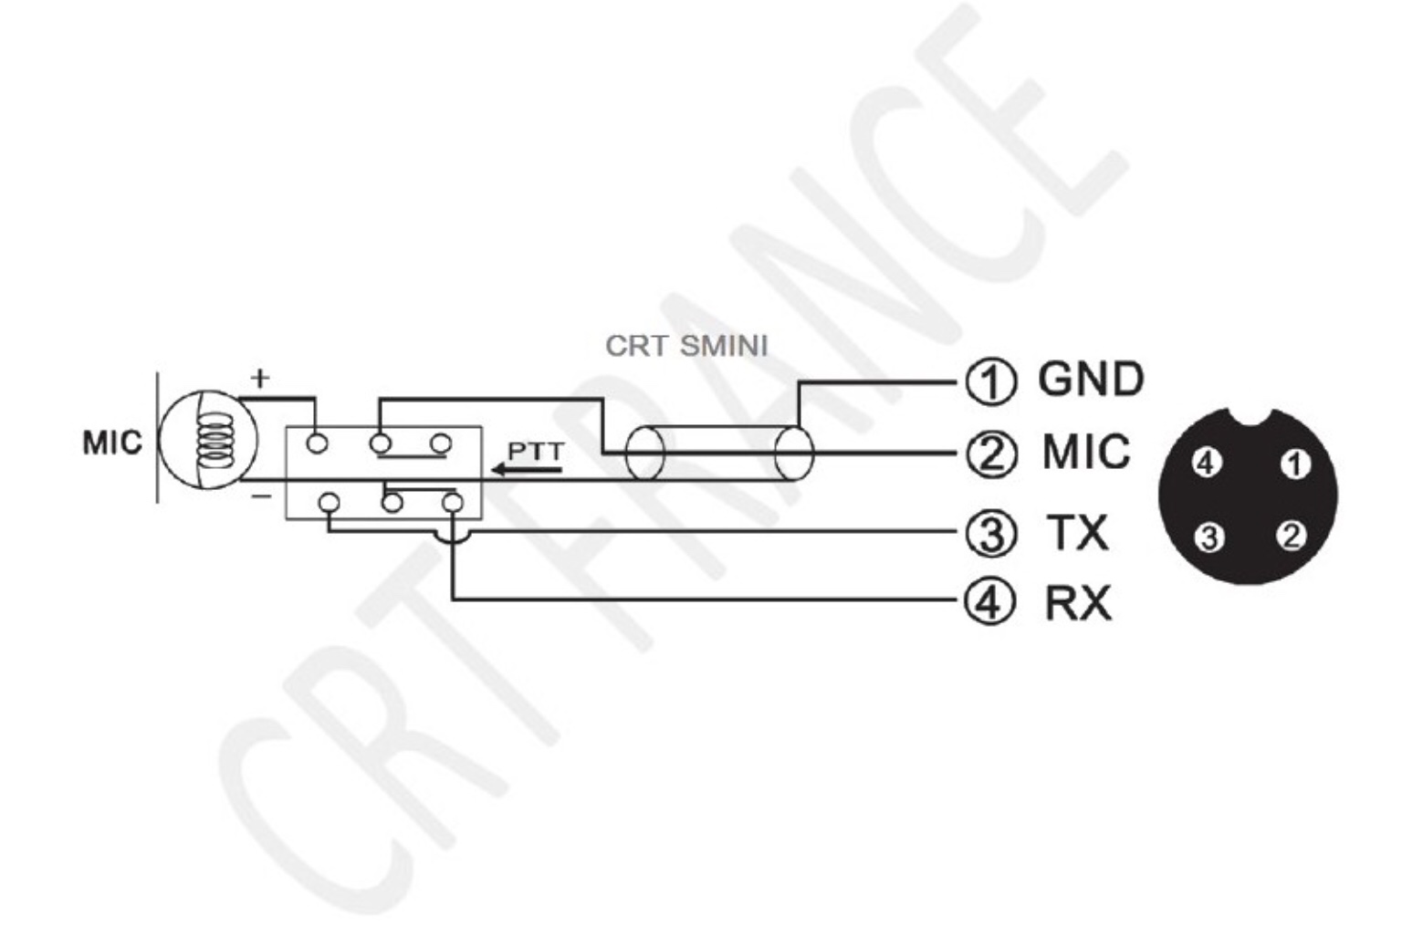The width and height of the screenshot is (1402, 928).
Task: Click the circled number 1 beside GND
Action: pos(990,381)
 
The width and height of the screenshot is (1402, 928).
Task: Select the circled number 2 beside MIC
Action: pos(990,454)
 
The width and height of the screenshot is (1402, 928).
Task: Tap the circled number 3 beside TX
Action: pos(990,533)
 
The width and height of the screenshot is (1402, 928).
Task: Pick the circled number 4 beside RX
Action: pos(990,601)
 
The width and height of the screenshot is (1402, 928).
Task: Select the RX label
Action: pos(1078,603)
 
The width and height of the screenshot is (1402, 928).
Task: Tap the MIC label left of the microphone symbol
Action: pos(112,443)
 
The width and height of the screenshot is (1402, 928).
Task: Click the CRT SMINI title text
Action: pos(686,347)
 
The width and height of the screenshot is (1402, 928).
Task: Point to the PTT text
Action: pos(536,452)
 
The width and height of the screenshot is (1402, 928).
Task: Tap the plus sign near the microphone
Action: pos(261,377)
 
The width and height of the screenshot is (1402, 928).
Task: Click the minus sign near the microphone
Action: pos(262,497)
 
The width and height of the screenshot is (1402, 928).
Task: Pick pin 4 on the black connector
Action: pos(1206,464)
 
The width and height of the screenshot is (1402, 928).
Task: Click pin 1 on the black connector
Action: pos(1294,464)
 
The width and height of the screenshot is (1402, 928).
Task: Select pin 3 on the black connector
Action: pos(1209,538)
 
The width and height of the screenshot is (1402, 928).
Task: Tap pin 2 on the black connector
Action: pos(1291,536)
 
